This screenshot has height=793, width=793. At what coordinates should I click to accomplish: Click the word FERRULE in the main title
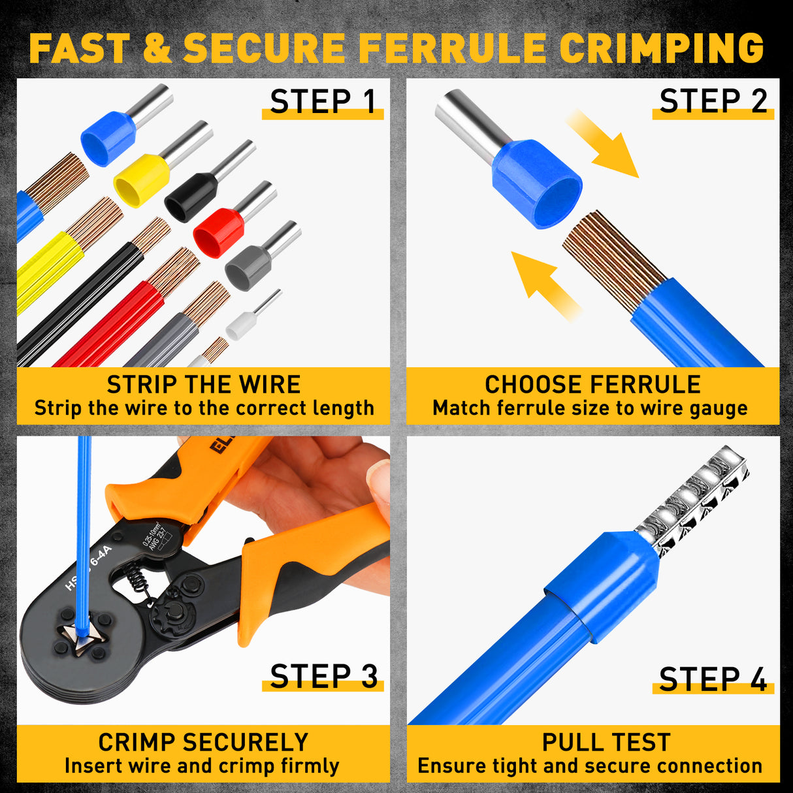(452, 48)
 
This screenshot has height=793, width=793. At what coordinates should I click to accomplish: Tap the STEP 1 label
(323, 103)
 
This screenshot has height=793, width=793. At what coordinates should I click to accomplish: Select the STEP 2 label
(713, 102)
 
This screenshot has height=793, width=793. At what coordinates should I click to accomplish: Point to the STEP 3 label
(323, 677)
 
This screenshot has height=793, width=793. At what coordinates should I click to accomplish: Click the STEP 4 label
(713, 679)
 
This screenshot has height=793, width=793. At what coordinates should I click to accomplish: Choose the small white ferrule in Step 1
(240, 325)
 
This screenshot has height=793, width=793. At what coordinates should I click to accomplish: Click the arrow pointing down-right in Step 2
(602, 145)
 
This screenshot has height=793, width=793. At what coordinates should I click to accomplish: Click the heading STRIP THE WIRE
(204, 385)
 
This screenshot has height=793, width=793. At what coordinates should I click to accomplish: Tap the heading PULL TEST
(606, 743)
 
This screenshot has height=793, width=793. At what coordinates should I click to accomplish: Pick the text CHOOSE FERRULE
(592, 385)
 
